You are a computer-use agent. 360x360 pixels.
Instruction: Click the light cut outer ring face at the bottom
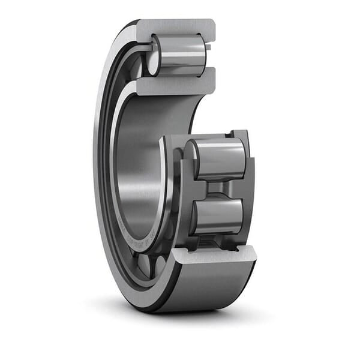pyautogui.click(x=213, y=255)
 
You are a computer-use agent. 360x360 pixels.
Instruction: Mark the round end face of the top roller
pyautogui.click(x=154, y=62)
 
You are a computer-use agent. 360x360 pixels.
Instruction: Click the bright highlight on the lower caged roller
pyautogui.click(x=219, y=207)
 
